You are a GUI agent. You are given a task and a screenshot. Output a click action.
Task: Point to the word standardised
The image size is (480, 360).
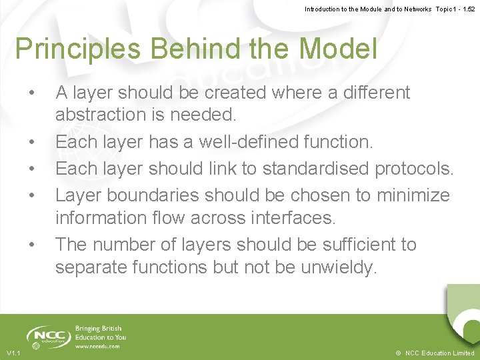coord(317,168)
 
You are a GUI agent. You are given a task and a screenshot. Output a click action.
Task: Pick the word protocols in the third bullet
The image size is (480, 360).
coord(414,168)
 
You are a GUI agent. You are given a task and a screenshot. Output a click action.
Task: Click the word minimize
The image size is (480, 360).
coord(413,195)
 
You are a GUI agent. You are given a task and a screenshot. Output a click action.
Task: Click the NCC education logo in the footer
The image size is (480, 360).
coord(47,337)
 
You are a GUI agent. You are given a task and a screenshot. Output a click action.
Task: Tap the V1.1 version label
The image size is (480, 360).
coord(13,353)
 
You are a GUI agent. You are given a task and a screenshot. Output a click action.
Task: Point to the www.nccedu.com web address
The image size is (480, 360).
coord(98,346)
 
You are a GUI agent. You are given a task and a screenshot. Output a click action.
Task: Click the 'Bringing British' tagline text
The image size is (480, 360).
coord(99,329)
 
